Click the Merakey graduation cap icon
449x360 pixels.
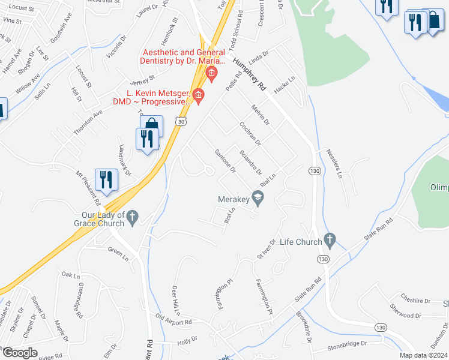(x=258, y=197)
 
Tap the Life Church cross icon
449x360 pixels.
(x=329, y=241)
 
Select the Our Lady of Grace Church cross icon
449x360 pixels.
(x=133, y=216)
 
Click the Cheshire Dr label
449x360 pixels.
(x=414, y=301)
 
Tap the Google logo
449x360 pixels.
(x=20, y=353)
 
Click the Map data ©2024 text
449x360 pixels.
(x=423, y=355)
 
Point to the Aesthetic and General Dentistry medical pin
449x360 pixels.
(x=211, y=74)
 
